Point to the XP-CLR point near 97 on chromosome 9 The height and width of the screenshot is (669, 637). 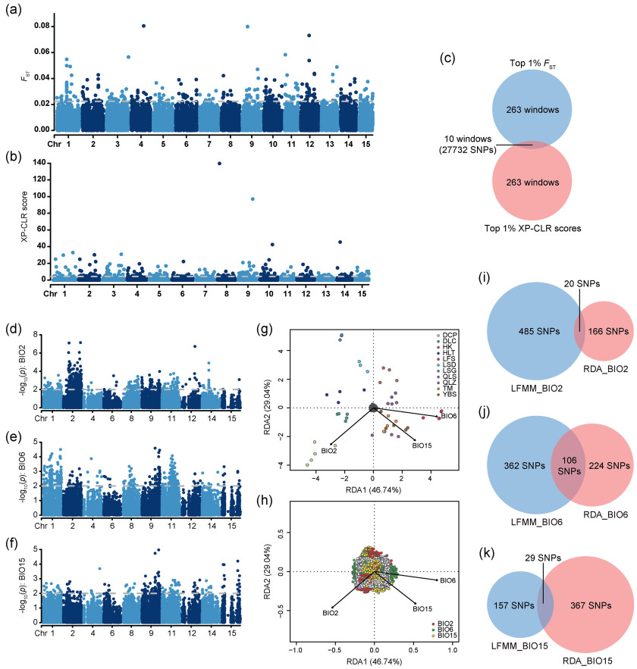tap(252, 199)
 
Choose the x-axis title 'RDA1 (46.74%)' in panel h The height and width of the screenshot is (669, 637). tap(373, 664)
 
